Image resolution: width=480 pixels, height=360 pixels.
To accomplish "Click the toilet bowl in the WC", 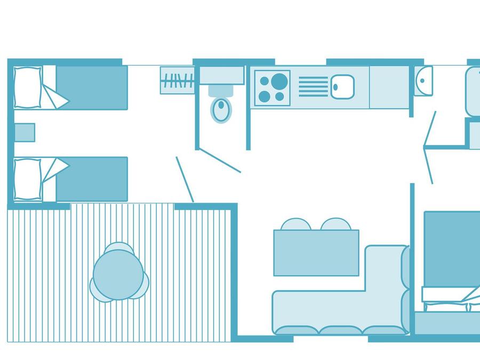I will coord(221,110).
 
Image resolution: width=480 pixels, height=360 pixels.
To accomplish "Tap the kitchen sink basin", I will coord(342,86).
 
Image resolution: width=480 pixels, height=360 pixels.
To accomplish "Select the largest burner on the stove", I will coord(279,81).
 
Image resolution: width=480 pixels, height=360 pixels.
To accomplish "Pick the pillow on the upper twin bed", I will coord(28,87).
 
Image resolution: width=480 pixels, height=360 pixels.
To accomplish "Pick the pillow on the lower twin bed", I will coord(28,179).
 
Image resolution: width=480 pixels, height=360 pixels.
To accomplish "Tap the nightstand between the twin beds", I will coord(25,132).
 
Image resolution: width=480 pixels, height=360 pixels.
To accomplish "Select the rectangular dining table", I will coord(316,253).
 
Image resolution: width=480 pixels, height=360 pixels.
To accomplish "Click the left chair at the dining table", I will coord(295,224).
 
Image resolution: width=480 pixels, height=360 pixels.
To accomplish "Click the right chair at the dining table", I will coord(336,224).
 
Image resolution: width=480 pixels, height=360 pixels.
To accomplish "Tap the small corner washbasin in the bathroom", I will coord(423,81).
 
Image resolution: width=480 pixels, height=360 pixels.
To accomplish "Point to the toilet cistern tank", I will coord(221,91).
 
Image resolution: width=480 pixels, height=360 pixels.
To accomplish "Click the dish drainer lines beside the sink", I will coord(313,86).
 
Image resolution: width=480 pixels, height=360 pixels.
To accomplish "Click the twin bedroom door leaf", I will coord(185,180).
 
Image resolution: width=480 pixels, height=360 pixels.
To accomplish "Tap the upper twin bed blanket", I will coord(92,86).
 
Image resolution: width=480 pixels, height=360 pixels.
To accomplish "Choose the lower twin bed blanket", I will coord(92,179).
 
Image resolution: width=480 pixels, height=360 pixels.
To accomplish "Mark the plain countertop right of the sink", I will coord(389,86).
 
